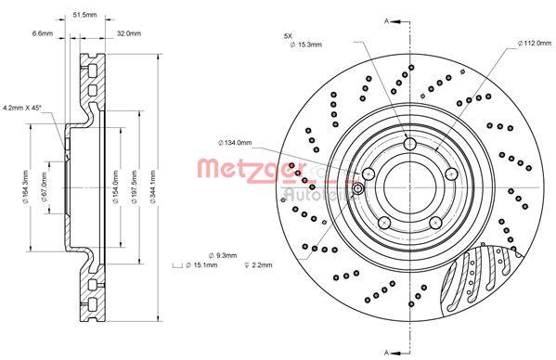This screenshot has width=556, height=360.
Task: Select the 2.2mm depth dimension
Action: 257,265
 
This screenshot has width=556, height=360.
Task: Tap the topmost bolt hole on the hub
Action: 409,143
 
